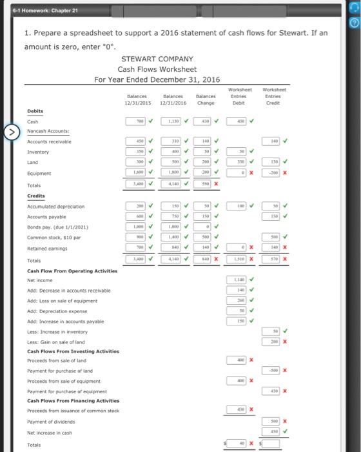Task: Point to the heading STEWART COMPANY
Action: click(157, 59)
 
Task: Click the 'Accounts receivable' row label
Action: click(50, 141)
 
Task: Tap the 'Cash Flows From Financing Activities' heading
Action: click(73, 400)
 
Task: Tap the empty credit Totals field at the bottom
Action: click(271, 444)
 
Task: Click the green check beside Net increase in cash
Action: click(286, 431)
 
